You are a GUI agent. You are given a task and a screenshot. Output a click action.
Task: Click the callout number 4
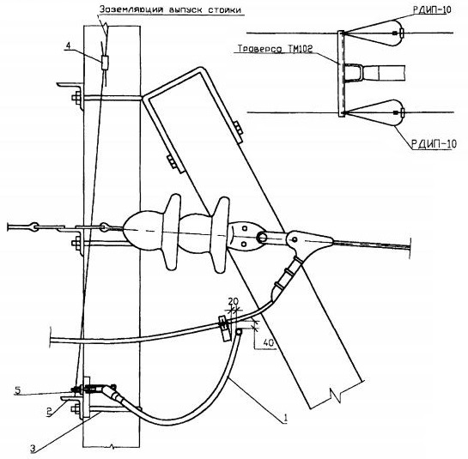pyautogui.click(x=69, y=46)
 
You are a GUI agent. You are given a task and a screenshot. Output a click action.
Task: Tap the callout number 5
pyautogui.click(x=18, y=390)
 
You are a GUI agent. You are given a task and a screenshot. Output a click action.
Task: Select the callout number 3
pyautogui.click(x=33, y=448)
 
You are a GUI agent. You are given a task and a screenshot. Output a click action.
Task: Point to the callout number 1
pyautogui.click(x=286, y=418)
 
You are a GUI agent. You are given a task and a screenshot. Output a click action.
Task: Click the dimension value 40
pyautogui.click(x=269, y=343)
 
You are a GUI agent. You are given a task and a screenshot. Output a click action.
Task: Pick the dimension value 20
pyautogui.click(x=234, y=302)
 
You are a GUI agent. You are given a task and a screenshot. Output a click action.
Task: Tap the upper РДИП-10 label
pyautogui.click(x=432, y=9)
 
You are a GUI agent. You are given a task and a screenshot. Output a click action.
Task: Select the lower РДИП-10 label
pyautogui.click(x=435, y=144)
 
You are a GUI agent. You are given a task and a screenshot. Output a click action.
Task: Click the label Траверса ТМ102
pyautogui.click(x=275, y=48)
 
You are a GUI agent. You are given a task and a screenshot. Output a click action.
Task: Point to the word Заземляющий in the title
pyautogui.click(x=131, y=9)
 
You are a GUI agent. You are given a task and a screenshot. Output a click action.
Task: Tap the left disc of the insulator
pyautogui.click(x=173, y=232)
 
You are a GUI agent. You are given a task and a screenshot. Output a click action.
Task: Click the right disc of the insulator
pyautogui.click(x=222, y=235)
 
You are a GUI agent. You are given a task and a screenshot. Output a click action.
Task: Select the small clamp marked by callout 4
pyautogui.click(x=105, y=63)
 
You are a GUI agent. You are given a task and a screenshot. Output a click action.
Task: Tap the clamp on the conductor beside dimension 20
pyautogui.click(x=224, y=328)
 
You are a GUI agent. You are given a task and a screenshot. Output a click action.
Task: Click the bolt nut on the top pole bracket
pyautogui.click(x=76, y=98)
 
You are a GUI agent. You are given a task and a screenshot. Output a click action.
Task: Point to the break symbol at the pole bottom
pyautogui.click(x=112, y=446)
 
